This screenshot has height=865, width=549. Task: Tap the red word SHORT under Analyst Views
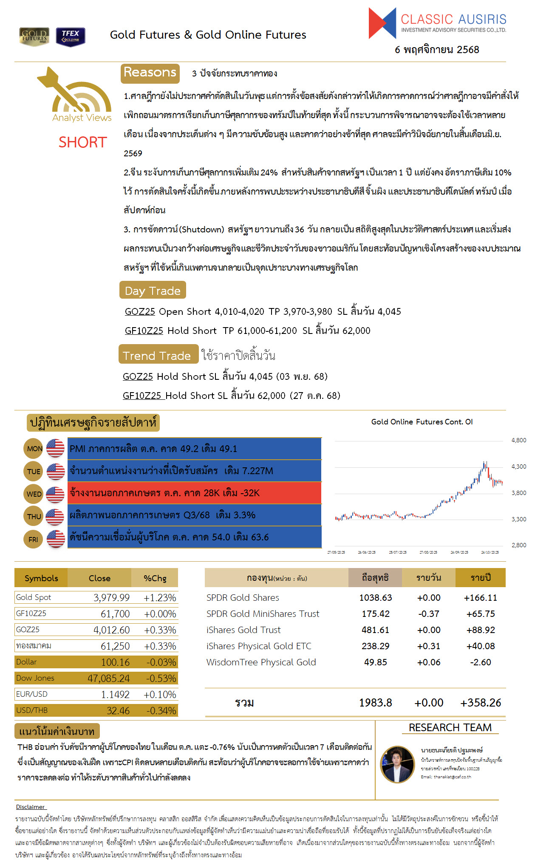pos(82,142)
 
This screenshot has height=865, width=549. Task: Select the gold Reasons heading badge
pos(150,73)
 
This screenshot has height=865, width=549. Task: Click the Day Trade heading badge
pos(153,291)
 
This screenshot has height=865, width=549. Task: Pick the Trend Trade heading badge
pos(158,355)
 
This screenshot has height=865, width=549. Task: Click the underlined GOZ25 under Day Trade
pos(140,311)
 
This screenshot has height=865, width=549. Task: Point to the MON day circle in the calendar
pos(34,449)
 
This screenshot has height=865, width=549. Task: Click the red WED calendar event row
pos(194,493)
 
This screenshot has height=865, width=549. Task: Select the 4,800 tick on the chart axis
pos(518,440)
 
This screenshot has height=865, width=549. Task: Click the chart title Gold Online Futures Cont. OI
pos(422,422)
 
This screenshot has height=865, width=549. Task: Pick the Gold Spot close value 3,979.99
pos(111,598)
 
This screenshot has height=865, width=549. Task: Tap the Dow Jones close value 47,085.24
pos(108,678)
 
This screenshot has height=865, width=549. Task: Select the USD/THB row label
pos(32,710)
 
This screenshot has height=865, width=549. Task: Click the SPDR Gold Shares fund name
pos(243,598)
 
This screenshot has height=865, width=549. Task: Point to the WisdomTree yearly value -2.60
pos(480,662)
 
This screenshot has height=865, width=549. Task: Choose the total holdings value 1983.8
pos(375,703)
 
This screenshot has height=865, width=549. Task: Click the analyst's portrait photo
pos(397,764)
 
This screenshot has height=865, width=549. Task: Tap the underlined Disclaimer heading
pos(30,807)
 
